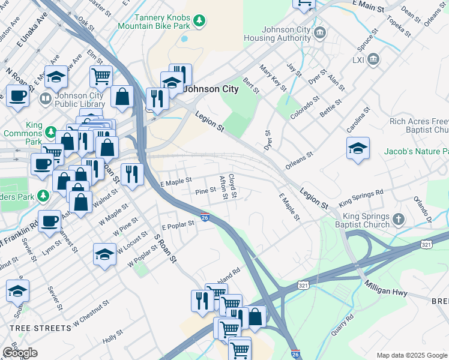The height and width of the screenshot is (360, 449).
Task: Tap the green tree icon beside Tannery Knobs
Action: (199, 22)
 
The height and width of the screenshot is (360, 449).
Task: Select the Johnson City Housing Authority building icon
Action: (319, 31)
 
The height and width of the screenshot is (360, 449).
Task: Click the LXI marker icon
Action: (374, 59)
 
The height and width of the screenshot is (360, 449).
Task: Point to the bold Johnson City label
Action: (211, 89)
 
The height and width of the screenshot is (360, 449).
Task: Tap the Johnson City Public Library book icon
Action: (46, 97)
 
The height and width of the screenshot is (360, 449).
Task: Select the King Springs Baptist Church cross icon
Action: (397, 218)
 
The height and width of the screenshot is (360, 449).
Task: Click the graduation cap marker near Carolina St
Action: (358, 149)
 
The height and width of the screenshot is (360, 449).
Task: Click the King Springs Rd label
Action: (361, 197)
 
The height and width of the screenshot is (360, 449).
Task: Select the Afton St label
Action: (223, 187)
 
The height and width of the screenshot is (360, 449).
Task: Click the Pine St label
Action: (206, 191)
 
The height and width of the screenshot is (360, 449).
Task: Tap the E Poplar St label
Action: (178, 225)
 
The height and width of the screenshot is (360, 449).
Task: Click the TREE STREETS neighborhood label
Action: (40, 328)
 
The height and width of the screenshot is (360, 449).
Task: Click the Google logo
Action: (20, 353)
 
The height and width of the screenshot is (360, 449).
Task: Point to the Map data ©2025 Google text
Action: (412, 355)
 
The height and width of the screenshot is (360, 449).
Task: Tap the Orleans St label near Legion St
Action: (300, 157)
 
